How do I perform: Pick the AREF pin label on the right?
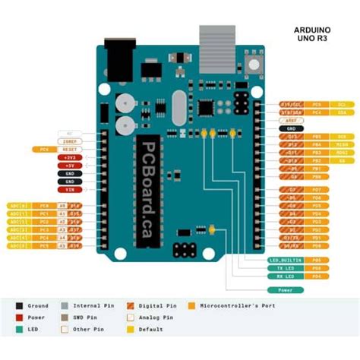291,120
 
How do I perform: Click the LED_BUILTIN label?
284,260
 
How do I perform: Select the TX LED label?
284,268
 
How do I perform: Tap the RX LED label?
284,276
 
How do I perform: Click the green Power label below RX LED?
284,289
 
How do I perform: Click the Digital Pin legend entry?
159,305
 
